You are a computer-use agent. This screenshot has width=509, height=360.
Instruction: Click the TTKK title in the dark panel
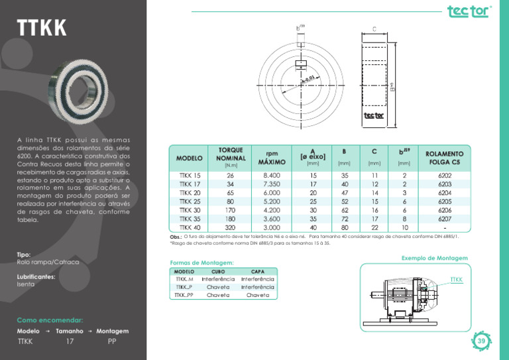(42, 29)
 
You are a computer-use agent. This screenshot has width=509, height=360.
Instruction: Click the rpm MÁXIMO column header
(272, 157)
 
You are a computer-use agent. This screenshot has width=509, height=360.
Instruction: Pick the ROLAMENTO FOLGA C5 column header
(445, 157)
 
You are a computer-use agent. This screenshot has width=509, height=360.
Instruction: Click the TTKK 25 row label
(190, 202)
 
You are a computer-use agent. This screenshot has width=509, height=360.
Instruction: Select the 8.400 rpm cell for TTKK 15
(272, 176)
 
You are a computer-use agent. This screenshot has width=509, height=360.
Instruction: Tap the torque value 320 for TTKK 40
(230, 227)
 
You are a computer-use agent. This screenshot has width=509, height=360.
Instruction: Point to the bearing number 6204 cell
(445, 193)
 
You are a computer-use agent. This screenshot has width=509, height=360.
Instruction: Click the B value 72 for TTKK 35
(345, 219)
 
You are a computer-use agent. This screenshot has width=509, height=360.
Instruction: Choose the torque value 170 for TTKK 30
(230, 210)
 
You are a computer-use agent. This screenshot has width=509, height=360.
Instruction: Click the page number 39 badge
(482, 341)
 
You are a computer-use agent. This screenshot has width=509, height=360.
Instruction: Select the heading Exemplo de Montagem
(434, 258)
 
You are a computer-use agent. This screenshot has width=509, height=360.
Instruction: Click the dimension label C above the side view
(374, 29)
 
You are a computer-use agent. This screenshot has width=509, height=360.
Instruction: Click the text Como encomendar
(50, 320)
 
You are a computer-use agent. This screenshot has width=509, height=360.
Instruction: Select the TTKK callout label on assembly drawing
(456, 280)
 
